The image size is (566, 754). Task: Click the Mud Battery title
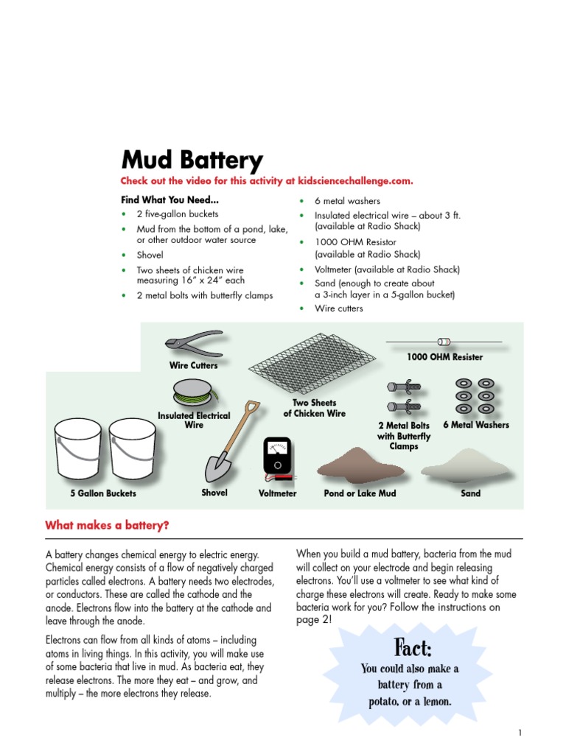[x=191, y=160]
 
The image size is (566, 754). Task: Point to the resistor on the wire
[x=444, y=342]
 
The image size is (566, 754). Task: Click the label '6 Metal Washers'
[x=475, y=425]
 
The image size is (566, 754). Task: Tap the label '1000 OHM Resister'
[x=444, y=357]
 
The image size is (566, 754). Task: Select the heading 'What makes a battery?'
[x=107, y=525]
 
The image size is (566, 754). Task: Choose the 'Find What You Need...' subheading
[x=170, y=200]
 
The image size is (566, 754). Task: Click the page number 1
[x=520, y=733]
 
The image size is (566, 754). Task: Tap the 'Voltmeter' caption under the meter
[x=277, y=493]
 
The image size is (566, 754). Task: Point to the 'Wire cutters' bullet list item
[x=339, y=309]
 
